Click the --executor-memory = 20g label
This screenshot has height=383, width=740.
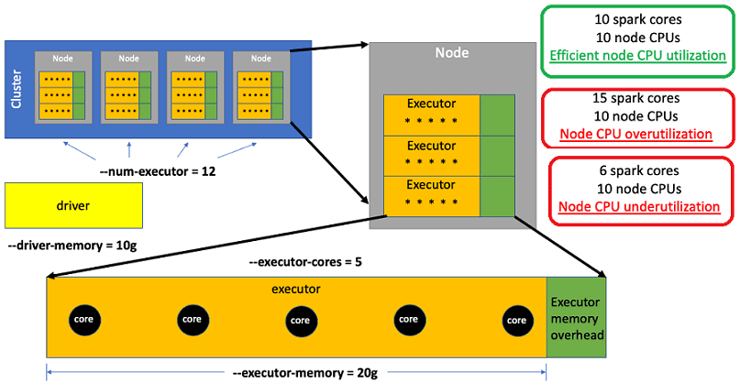tap(298, 371)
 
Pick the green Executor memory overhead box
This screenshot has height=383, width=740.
tap(576, 318)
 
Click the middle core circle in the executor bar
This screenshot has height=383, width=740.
tap(299, 320)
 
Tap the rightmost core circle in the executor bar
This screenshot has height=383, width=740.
tap(515, 320)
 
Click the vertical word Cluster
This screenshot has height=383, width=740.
tap(17, 88)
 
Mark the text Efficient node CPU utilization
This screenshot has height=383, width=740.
tap(637, 57)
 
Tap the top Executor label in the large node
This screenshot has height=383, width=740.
tap(431, 103)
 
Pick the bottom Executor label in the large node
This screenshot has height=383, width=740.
tap(431, 186)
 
